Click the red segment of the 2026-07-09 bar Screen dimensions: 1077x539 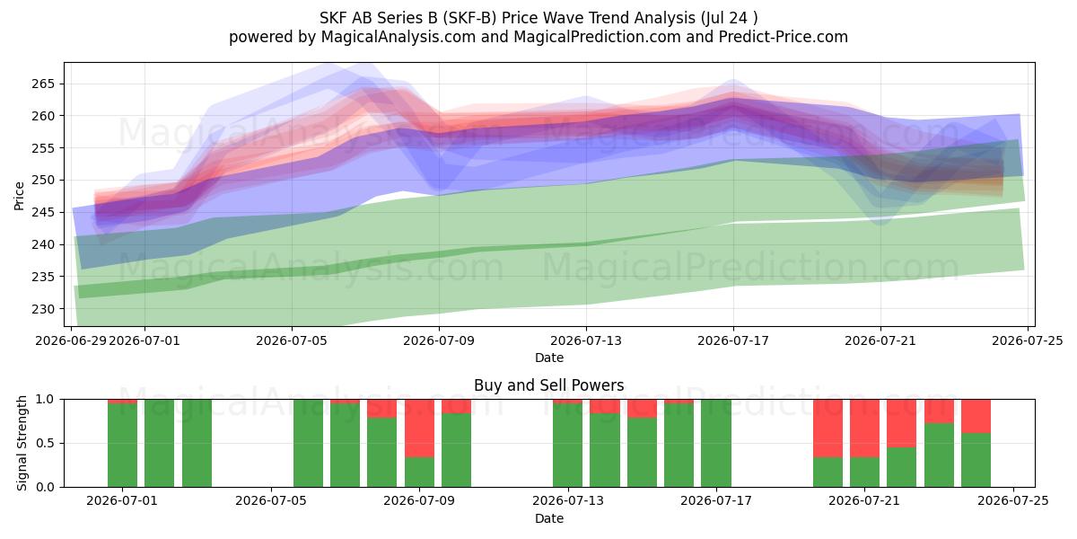coord(419,429)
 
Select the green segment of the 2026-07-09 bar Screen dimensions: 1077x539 coord(419,473)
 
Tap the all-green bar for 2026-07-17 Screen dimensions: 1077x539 coord(716,443)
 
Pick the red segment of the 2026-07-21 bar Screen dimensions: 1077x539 coord(864,429)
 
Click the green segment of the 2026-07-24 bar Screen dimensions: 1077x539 coord(976,460)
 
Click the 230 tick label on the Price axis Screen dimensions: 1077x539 coord(43,309)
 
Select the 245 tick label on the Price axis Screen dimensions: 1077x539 coord(43,213)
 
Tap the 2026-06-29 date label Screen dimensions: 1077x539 coord(71,340)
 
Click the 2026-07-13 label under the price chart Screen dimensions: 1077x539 coord(586,340)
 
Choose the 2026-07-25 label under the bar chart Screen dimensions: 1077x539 coord(1013,501)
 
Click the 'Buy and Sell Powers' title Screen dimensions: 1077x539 coord(549,385)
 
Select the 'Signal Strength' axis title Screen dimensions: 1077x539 coord(22,443)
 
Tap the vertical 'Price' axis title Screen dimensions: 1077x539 coord(19,197)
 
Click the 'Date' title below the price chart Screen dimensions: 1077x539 coord(549,358)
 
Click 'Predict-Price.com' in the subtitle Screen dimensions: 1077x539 coord(784,37)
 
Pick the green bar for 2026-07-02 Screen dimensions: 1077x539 coord(159,443)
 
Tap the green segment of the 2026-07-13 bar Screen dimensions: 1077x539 coord(567,446)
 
